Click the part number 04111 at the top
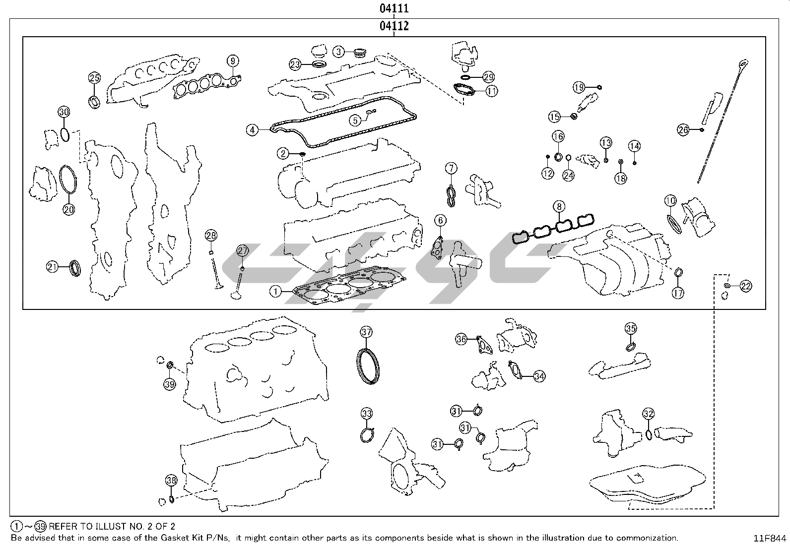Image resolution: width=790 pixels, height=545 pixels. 394,8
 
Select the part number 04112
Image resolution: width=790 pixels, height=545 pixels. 394,26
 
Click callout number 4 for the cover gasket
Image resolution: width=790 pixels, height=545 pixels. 253,130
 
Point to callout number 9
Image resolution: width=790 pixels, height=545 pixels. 233,61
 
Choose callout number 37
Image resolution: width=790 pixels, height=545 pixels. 366,332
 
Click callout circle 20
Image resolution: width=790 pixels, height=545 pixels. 68,209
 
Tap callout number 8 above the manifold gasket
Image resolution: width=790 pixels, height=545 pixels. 559,206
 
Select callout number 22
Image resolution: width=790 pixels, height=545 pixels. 745,286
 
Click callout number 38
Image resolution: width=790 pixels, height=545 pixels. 171,480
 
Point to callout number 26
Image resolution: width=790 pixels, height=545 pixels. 683,130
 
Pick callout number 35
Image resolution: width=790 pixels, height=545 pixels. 630,328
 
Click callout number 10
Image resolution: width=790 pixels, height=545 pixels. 670,201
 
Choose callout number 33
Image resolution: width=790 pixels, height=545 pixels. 366,413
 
